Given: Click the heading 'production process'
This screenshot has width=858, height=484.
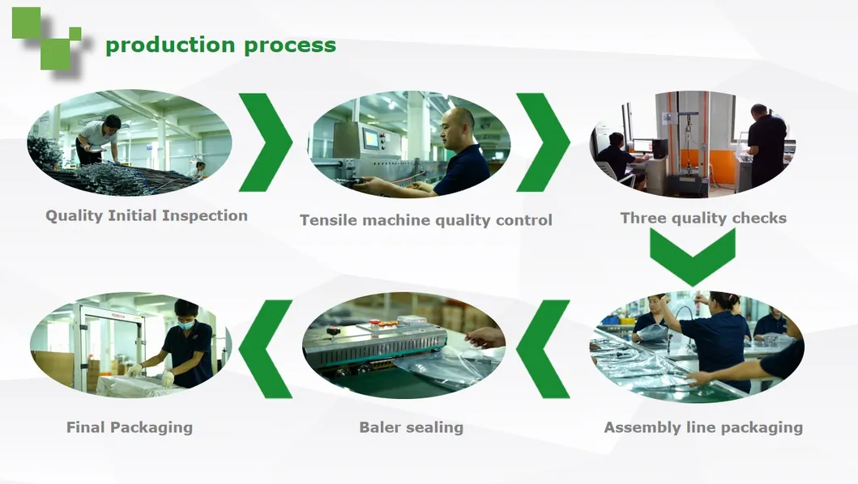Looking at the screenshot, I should click(220, 45).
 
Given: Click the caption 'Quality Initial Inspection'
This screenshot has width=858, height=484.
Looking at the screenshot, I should click(146, 215).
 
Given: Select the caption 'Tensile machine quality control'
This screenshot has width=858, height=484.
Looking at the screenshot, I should click(425, 219).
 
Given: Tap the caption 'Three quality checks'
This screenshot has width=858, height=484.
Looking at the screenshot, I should click(702, 218).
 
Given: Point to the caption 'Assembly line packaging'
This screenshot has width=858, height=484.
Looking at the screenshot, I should click(702, 427).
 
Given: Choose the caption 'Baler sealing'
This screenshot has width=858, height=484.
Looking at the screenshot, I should click(411, 427).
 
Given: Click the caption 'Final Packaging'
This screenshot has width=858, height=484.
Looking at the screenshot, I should click(129, 427).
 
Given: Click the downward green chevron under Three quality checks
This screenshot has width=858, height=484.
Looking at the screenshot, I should click(692, 255).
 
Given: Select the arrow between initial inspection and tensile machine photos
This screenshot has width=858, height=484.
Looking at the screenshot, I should click(267, 142).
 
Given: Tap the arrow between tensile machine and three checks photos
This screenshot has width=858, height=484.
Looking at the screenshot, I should click(544, 142).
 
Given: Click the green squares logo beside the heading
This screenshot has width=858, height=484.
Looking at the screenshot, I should click(47, 36).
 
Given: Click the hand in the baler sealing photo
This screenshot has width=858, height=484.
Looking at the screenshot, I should click(486, 337).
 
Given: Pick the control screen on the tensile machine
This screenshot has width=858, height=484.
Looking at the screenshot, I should click(371, 138).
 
